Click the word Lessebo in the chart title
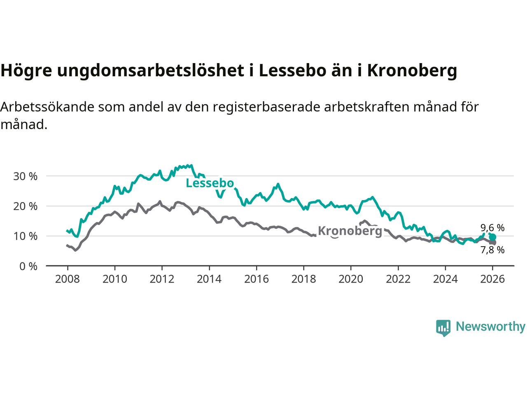(x=292, y=71)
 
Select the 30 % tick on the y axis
(x=25, y=176)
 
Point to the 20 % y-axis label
(x=25, y=206)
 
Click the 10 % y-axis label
(x=25, y=236)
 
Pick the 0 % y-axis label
(x=28, y=266)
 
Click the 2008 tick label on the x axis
(x=68, y=279)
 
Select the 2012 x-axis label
(x=162, y=279)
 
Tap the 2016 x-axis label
(x=257, y=279)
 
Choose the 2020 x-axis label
(x=351, y=279)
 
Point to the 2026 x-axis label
(x=492, y=279)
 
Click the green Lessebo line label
(x=210, y=183)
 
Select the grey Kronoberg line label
(x=350, y=231)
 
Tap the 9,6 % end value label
(x=492, y=228)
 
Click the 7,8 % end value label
(x=492, y=250)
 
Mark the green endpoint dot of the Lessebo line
(x=492, y=237)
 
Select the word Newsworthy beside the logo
(x=490, y=326)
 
